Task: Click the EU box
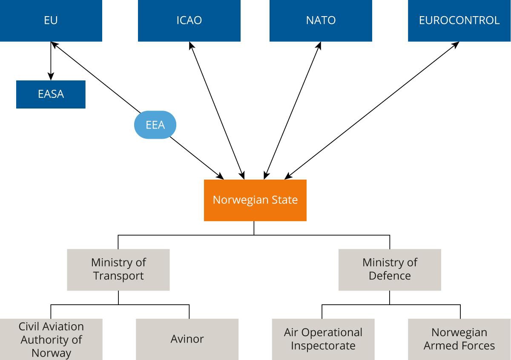click(x=51, y=20)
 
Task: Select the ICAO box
click(x=189, y=20)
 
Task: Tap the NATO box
click(x=321, y=20)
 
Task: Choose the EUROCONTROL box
click(x=459, y=20)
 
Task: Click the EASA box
click(x=51, y=94)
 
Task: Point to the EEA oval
click(x=155, y=125)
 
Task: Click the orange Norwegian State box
click(x=255, y=200)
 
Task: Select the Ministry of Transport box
click(x=118, y=269)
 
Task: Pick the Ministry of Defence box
click(x=390, y=269)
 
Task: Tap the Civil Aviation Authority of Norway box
click(x=51, y=339)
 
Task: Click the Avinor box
click(x=187, y=339)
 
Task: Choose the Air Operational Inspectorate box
click(x=323, y=339)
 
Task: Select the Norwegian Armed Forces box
click(x=459, y=339)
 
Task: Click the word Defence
click(x=390, y=276)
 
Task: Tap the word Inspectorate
click(x=323, y=346)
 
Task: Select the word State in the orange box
click(x=283, y=200)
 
